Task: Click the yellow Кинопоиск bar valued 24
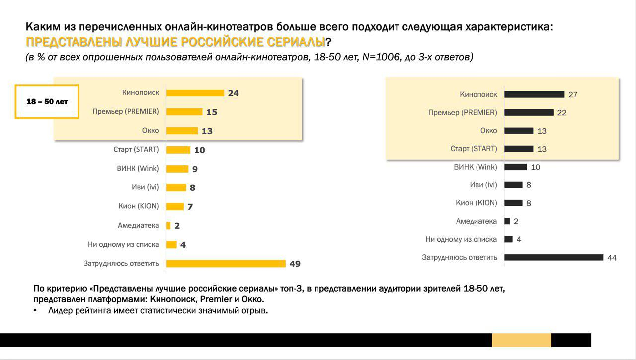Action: click(195, 93)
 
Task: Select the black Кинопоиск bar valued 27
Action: click(534, 94)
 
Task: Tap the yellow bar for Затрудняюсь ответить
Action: click(226, 264)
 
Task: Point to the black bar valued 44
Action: click(554, 257)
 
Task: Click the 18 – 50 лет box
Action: click(47, 102)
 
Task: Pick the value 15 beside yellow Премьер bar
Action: click(212, 112)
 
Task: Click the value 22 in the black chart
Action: click(562, 113)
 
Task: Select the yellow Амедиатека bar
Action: click(168, 226)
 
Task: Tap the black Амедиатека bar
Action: click(507, 221)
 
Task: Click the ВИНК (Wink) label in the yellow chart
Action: click(138, 168)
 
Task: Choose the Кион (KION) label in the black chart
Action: click(476, 203)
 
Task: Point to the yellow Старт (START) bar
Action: click(178, 150)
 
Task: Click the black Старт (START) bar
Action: click(519, 149)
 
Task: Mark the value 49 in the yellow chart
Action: click(295, 264)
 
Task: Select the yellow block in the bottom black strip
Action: click(521, 340)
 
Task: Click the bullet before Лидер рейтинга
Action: click(35, 311)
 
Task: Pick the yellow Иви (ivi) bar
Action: click(176, 188)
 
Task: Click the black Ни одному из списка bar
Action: click(508, 239)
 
